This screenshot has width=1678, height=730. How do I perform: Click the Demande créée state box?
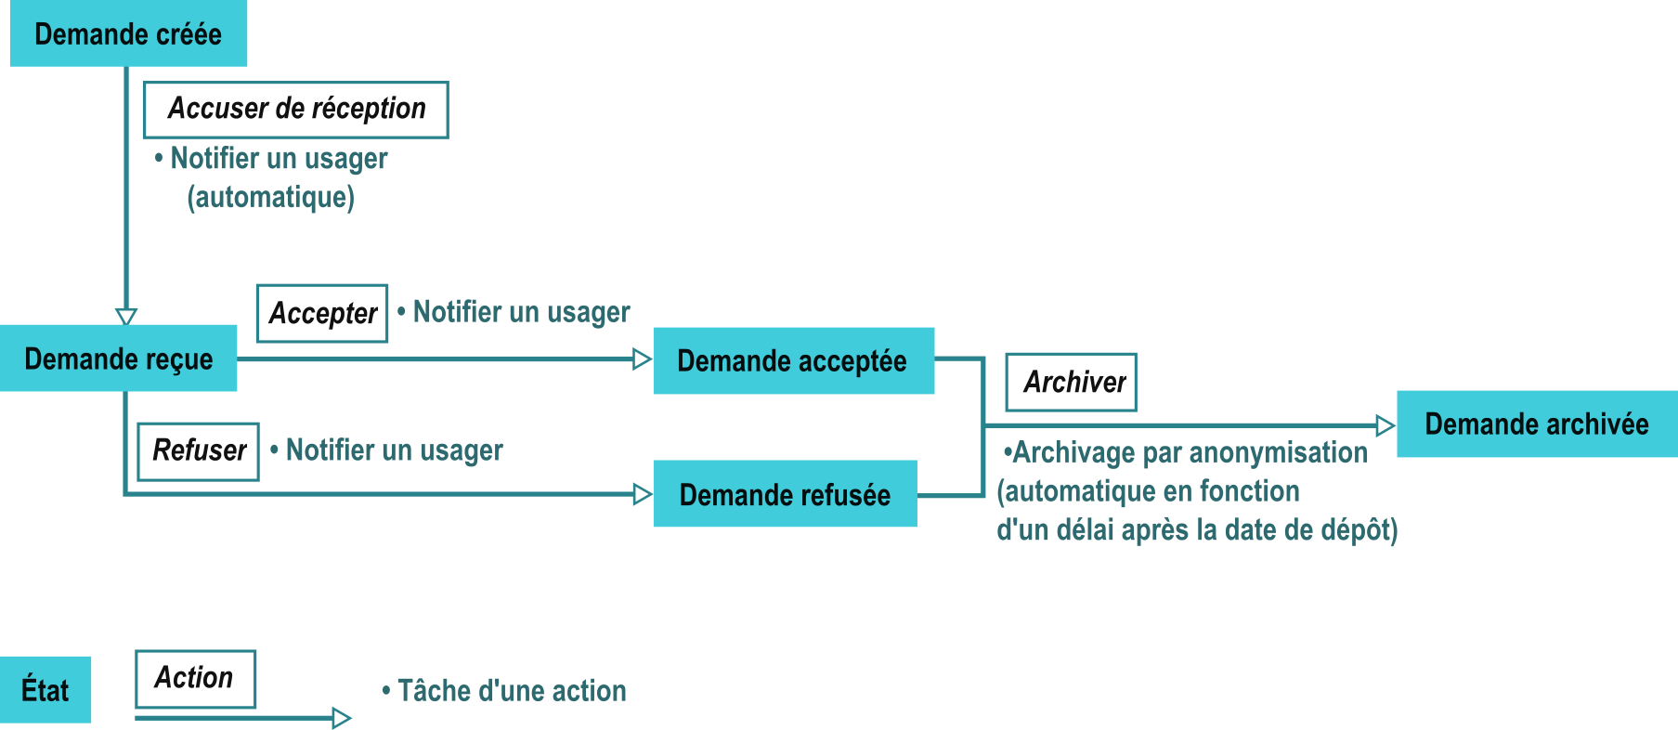[128, 33]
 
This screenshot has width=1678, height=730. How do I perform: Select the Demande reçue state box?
[119, 358]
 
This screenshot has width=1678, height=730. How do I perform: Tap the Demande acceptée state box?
[793, 361]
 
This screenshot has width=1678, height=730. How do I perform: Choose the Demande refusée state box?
[785, 494]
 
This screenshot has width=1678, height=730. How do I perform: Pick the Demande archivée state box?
[1536, 424]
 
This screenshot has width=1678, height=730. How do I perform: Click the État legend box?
[46, 690]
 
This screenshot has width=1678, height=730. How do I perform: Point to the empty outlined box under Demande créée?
[295, 110]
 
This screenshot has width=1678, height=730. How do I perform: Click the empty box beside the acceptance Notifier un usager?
[321, 313]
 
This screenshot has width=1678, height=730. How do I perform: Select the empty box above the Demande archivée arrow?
[1070, 382]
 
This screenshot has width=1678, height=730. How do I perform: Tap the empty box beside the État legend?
[195, 679]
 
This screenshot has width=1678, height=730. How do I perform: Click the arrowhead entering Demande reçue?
[126, 316]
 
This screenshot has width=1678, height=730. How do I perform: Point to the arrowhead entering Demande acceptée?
[642, 359]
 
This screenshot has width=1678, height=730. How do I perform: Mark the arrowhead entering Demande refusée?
[642, 494]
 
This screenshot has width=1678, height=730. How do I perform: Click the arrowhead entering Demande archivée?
[1385, 425]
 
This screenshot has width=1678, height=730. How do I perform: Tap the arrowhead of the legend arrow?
[341, 718]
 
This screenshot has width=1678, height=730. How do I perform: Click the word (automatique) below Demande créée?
[270, 197]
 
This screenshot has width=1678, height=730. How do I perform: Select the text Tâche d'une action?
[512, 691]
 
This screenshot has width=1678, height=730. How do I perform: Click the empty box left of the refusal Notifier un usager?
[198, 451]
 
